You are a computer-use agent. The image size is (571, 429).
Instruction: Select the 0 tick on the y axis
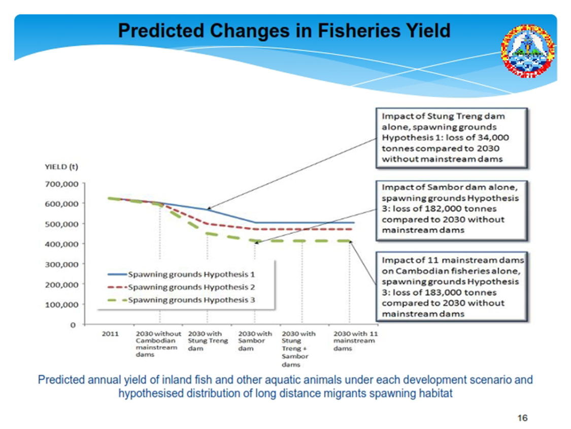click(73, 324)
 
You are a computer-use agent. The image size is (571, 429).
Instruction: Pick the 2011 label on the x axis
click(110, 334)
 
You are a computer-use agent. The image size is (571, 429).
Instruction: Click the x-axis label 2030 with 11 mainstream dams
click(354, 341)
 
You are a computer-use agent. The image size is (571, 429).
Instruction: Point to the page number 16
click(522, 418)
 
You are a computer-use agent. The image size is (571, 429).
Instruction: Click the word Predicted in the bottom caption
click(60, 380)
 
